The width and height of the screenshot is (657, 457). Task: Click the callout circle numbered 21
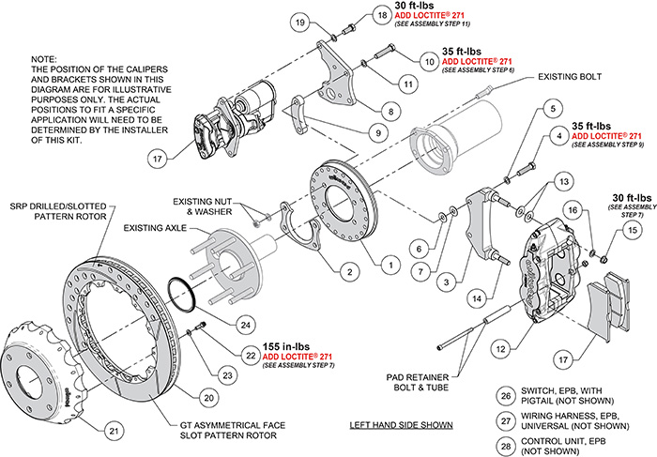point(114,431)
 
